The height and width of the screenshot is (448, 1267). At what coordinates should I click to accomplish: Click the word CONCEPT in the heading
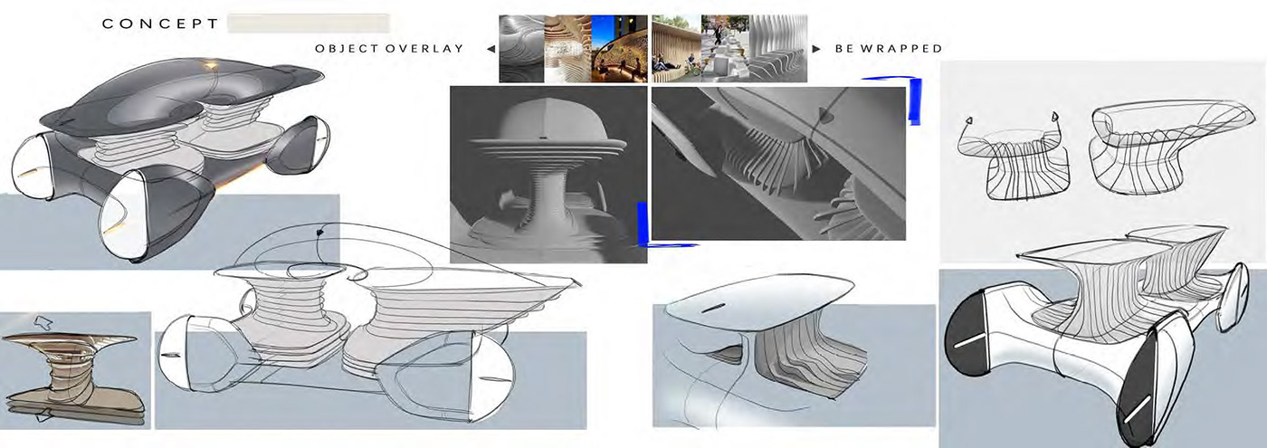pos(160,24)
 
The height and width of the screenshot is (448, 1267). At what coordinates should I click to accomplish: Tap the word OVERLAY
pos(424,49)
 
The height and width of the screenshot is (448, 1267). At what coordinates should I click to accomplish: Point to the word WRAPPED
pos(901,49)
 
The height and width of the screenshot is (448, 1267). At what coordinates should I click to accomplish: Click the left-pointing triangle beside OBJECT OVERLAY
pos(491,49)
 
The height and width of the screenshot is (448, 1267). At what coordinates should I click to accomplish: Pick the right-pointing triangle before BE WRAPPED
pos(816,49)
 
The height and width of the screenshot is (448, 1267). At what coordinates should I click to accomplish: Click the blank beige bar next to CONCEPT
pos(309,24)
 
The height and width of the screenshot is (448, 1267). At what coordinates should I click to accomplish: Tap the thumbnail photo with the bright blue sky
pos(619,49)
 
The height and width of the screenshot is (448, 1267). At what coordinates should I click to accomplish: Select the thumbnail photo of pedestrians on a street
pos(725,49)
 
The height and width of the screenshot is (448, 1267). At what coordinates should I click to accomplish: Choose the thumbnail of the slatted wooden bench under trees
pos(677,49)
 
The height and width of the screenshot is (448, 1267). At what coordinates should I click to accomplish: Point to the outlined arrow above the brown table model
pos(43,323)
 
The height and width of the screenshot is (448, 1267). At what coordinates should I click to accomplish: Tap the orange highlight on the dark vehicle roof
pos(212,67)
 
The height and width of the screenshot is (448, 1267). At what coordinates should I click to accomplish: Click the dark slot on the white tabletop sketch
pos(713,308)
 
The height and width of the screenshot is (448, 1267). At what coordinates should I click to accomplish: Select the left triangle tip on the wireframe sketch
pos(969,121)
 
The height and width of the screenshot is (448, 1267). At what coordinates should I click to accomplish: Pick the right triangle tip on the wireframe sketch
pos(1054,117)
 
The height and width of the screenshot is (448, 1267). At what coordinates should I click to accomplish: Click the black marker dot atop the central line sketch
pos(320,232)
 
